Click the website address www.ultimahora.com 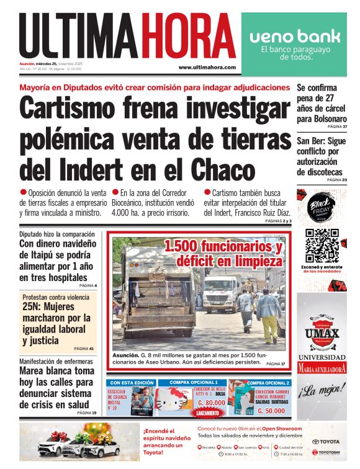click(x=207, y=67)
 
